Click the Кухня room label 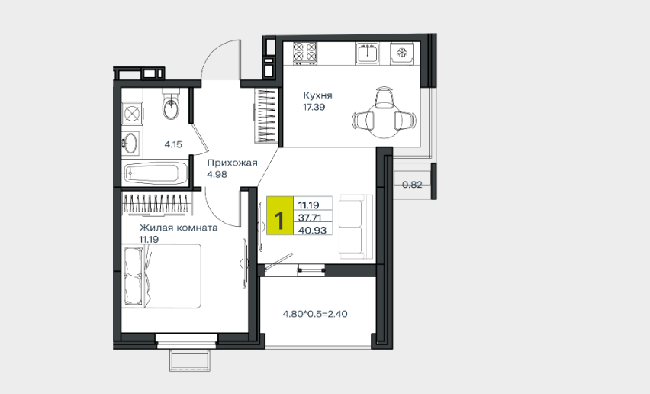[317, 95]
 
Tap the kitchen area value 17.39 [314, 107]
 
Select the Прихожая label [232, 163]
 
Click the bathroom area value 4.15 [173, 145]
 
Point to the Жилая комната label [179, 228]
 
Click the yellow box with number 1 [280, 215]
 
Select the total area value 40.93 [313, 230]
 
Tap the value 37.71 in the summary [310, 218]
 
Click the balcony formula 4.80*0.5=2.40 [315, 314]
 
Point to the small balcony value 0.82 [412, 185]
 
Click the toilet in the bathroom [171, 103]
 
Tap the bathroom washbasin [130, 143]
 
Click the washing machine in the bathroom [132, 113]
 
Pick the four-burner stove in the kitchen [305, 53]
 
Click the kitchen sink [367, 53]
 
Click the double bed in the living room [162, 276]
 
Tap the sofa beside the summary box [356, 227]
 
